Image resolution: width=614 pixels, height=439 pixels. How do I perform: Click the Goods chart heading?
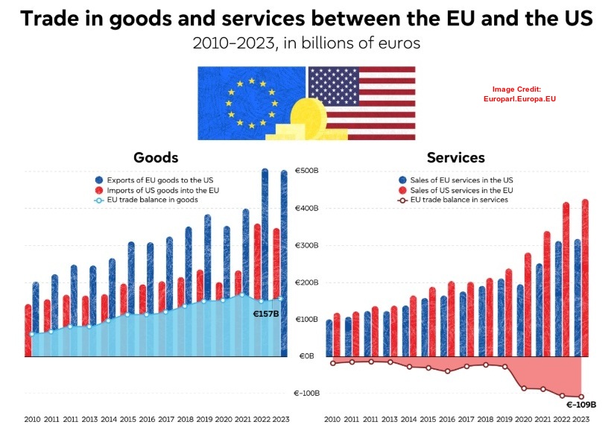[x=156, y=157]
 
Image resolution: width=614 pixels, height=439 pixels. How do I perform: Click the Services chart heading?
[x=455, y=157]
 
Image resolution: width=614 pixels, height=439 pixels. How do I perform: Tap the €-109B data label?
[x=581, y=404]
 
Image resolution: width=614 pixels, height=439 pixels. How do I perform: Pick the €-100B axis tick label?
[x=307, y=393]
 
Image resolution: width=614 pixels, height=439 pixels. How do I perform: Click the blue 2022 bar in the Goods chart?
[x=265, y=261]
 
